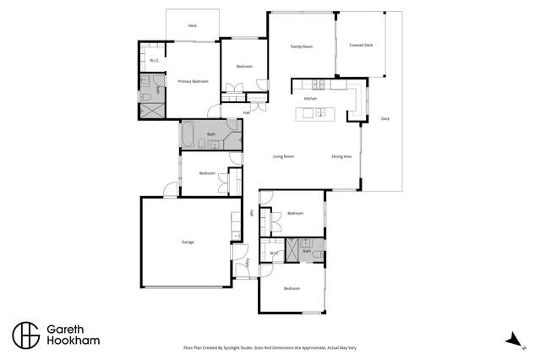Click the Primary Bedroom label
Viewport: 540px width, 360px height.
coord(193,81)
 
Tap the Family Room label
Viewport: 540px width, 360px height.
coord(302,46)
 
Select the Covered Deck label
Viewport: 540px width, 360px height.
coord(361,45)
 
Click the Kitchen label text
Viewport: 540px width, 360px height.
coord(310,99)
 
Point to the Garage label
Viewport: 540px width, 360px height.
coord(188,242)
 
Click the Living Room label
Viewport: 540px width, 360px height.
coord(283,156)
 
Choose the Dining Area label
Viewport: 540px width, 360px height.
coord(341,156)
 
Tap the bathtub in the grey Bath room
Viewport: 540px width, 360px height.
coord(188,134)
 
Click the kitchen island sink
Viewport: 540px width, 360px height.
coord(321,112)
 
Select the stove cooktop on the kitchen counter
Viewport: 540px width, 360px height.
coord(319,84)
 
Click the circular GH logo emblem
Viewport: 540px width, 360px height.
coord(25,335)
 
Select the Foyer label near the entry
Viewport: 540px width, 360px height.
coord(248,263)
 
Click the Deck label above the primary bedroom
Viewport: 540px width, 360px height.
coord(193,26)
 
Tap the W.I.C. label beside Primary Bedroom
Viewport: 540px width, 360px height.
coord(155,61)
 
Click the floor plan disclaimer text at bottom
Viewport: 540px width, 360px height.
coord(270,346)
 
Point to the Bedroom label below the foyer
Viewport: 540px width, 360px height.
coord(292,289)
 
